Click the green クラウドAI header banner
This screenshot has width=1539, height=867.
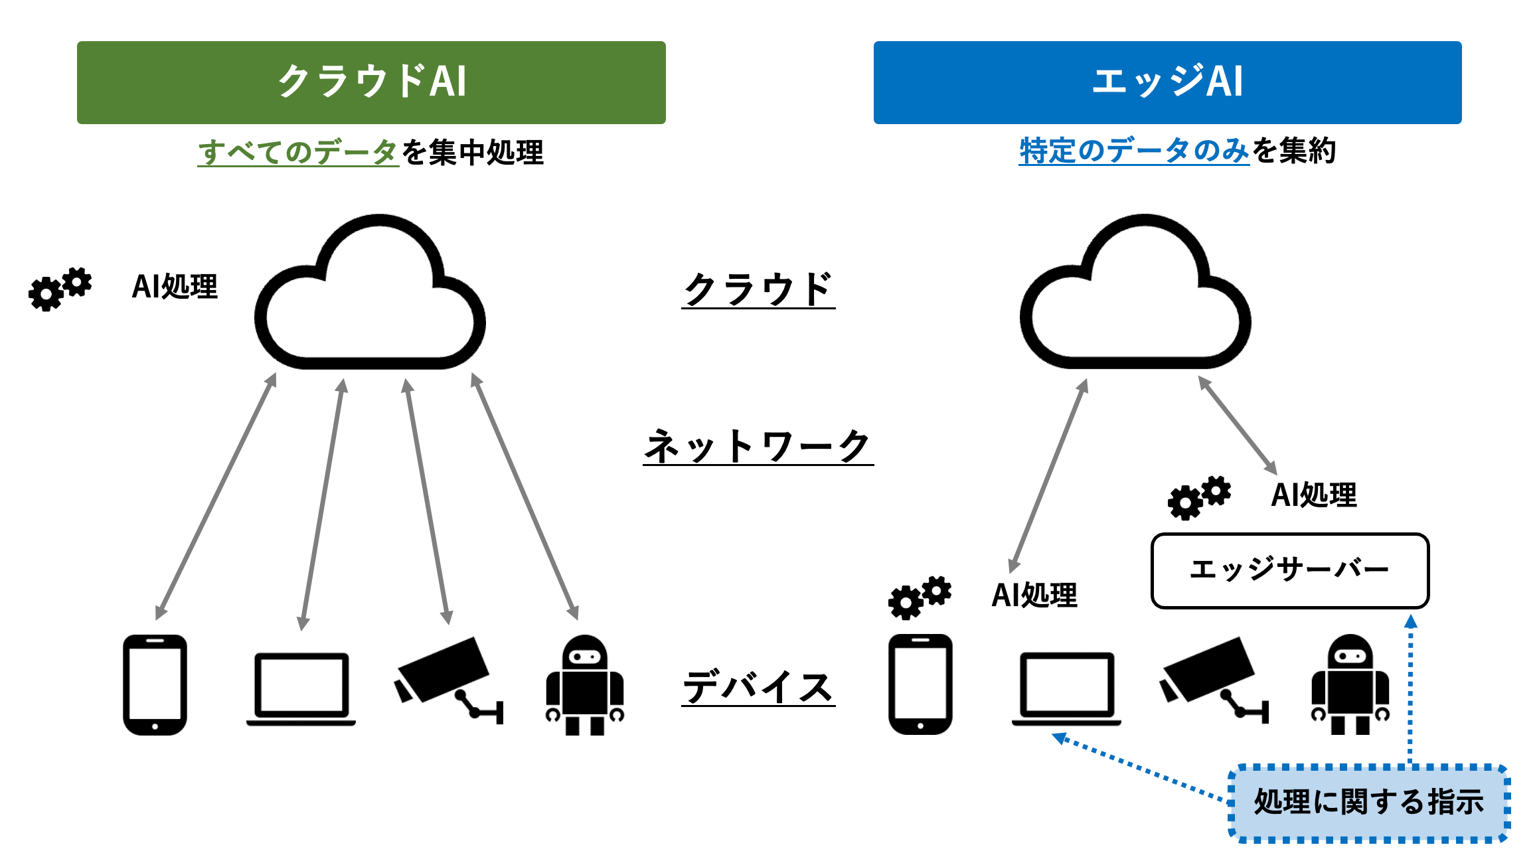click(371, 82)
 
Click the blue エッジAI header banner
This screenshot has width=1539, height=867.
click(1167, 82)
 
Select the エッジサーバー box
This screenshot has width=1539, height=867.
click(1289, 570)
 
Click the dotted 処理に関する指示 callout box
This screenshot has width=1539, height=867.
click(1369, 802)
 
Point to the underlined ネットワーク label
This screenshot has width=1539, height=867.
click(758, 446)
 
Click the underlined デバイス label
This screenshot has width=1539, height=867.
click(758, 686)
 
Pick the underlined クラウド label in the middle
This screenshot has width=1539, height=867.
click(758, 289)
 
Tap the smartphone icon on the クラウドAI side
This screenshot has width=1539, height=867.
click(155, 684)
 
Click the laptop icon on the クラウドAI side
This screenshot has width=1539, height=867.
click(301, 688)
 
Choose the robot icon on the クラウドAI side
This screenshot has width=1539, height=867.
click(584, 684)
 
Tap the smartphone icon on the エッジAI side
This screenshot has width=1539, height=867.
click(920, 684)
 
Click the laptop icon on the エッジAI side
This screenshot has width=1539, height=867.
click(1066, 688)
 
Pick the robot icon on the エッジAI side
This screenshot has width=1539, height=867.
click(1350, 684)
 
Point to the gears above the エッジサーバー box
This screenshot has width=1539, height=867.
click(1199, 497)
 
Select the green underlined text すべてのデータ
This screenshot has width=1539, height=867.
click(298, 152)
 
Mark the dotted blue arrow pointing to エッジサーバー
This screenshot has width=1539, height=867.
click(1411, 690)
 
